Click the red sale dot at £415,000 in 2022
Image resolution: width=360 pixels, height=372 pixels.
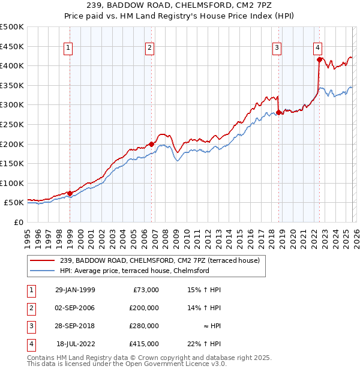click(x=319, y=59)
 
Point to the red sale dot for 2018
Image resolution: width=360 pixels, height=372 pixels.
click(x=278, y=112)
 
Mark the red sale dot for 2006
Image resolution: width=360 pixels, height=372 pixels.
click(x=151, y=144)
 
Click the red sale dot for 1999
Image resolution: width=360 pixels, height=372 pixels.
click(x=70, y=193)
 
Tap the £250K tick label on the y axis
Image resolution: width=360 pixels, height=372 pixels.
click(x=12, y=124)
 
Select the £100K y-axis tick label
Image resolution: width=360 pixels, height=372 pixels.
click(x=12, y=183)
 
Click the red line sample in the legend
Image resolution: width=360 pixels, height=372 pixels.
click(x=43, y=260)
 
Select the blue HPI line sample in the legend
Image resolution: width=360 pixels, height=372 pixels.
click(x=43, y=271)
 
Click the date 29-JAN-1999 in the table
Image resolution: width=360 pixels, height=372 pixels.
click(x=75, y=290)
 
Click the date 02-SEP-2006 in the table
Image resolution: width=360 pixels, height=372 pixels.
click(x=75, y=308)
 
